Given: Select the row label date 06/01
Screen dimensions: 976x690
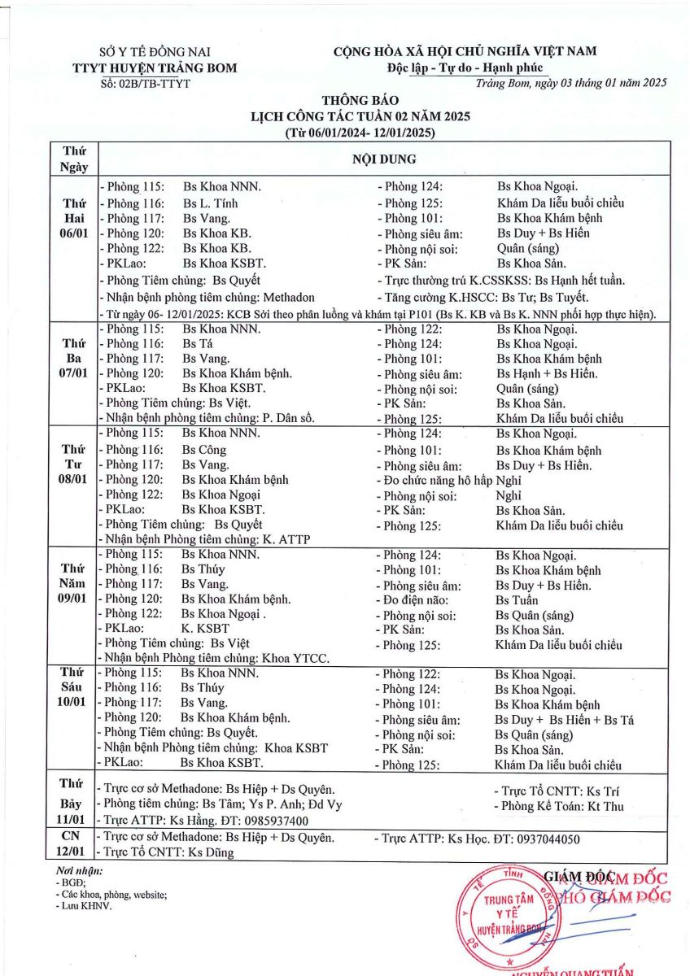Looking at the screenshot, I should pos(74,234).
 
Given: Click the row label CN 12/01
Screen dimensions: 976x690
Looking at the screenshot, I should pos(72,844).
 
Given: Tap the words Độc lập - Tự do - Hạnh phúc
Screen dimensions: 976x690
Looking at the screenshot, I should pos(465,68).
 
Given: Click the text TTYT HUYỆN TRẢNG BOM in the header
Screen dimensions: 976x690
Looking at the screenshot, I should pos(155,68).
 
